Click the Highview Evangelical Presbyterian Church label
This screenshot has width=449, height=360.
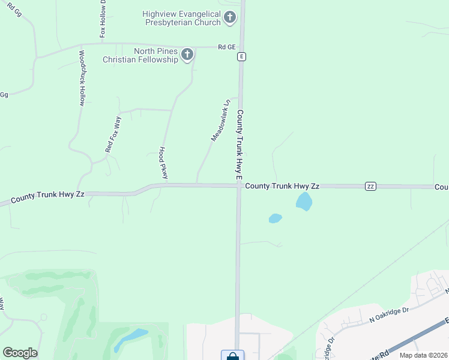point(182,18)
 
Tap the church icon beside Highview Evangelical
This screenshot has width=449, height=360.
point(229,18)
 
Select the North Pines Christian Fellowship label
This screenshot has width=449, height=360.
point(140,55)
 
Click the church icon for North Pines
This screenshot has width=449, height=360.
point(187,55)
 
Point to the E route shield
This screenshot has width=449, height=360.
point(241,56)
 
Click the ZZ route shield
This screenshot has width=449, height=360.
point(371,187)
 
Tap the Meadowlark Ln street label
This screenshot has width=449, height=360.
point(220,121)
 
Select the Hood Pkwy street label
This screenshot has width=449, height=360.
point(163,163)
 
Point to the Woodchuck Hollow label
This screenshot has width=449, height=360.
point(82,79)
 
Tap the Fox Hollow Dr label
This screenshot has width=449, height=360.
point(103,19)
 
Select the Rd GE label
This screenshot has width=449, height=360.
point(227,46)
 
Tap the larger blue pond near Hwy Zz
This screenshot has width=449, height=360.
point(304,202)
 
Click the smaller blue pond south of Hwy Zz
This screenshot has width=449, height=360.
point(275,218)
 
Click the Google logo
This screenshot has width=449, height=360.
point(20,353)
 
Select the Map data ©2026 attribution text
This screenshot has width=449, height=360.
point(423,355)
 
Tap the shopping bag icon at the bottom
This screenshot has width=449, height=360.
point(232,356)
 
